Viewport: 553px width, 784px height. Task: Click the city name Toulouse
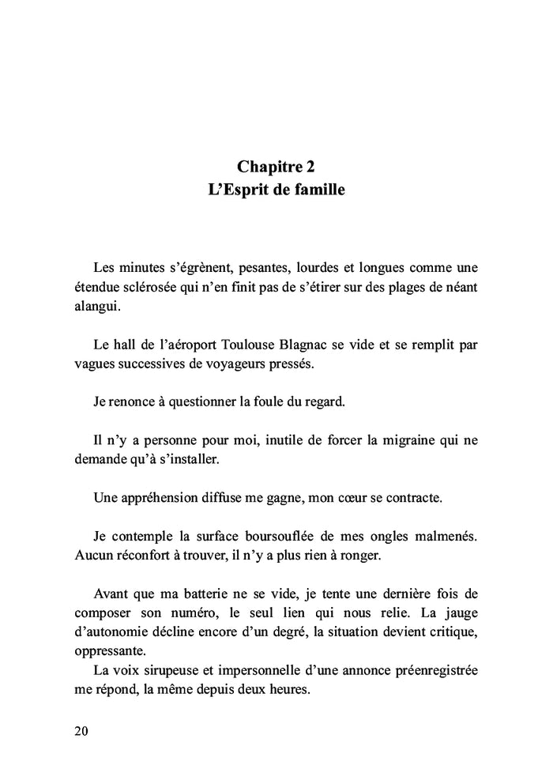[x=292, y=345]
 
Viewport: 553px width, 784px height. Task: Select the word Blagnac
[x=350, y=345]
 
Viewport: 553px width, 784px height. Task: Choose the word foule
[x=261, y=401]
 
